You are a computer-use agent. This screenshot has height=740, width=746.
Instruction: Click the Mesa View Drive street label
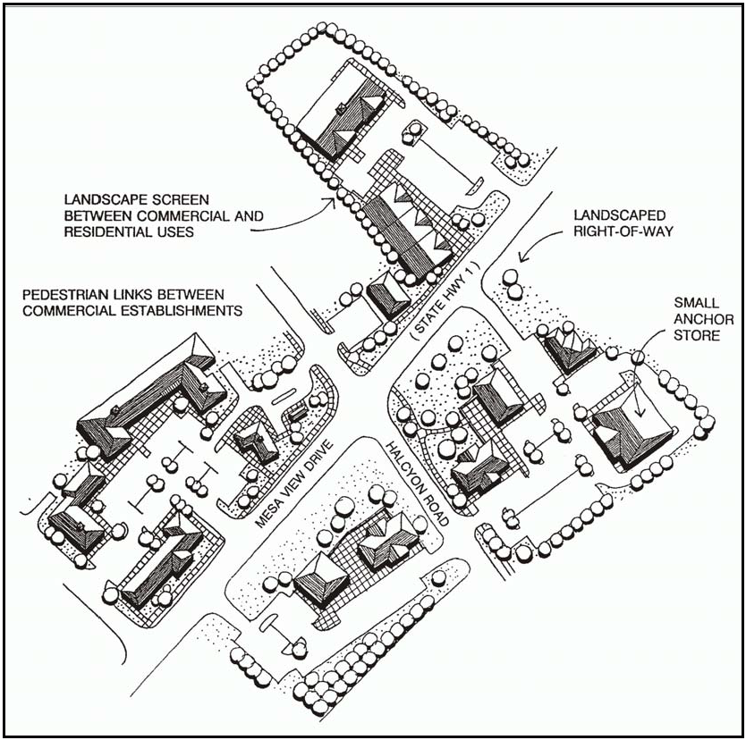click(x=293, y=484)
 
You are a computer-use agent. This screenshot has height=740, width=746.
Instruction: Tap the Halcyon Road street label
click(x=417, y=484)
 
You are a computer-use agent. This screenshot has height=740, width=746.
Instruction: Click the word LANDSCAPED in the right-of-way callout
click(x=620, y=215)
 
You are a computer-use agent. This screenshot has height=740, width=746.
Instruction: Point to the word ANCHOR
click(x=704, y=319)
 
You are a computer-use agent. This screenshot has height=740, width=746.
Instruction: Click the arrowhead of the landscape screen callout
click(x=331, y=203)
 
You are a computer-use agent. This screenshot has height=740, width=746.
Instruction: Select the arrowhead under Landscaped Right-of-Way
click(x=524, y=256)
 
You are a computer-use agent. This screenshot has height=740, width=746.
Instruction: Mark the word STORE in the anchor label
click(x=697, y=335)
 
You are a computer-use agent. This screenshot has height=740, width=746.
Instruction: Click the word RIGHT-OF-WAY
click(x=623, y=231)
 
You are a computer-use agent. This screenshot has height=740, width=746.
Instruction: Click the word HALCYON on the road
click(x=403, y=467)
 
